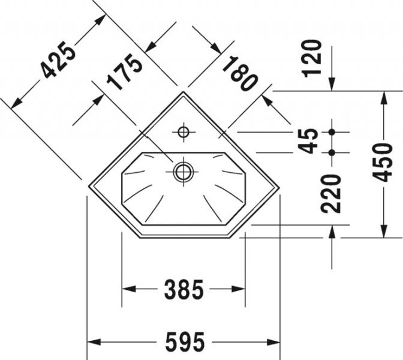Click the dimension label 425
(x=59, y=62)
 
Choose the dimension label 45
(x=309, y=142)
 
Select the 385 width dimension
(x=184, y=290)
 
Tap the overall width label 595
(x=184, y=343)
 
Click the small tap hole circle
(x=183, y=131)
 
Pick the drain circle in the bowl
(x=183, y=172)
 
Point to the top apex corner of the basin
(x=184, y=92)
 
